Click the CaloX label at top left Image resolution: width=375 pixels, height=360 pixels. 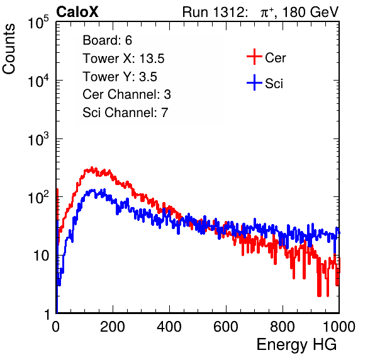(77, 11)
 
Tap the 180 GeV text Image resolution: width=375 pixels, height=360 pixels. (310, 12)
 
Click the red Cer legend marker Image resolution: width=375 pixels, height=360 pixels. (254, 57)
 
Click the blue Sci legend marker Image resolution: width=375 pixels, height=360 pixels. (254, 82)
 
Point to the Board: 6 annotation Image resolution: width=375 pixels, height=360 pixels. (107, 40)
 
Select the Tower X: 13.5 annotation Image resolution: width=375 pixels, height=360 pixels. (123, 59)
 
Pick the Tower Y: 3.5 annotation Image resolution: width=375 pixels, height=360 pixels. (120, 77)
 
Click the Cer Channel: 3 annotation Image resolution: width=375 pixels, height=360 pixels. (126, 94)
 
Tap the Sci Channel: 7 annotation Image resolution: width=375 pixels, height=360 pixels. (125, 113)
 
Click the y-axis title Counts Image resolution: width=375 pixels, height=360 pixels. (9, 49)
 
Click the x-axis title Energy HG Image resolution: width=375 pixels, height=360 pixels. (296, 345)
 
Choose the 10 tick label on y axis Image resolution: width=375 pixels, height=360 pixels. (41, 256)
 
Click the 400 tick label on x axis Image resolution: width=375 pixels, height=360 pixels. (169, 327)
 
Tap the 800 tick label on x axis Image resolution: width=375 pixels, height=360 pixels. (283, 327)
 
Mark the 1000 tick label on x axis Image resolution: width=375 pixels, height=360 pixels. (339, 327)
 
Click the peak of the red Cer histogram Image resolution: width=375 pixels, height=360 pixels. (92, 167)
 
